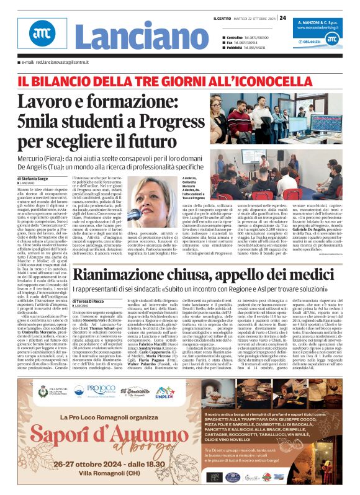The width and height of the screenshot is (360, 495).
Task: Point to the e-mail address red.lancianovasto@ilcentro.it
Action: (x=62, y=63)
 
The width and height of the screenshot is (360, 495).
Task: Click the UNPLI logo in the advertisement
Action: (x=163, y=392)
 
